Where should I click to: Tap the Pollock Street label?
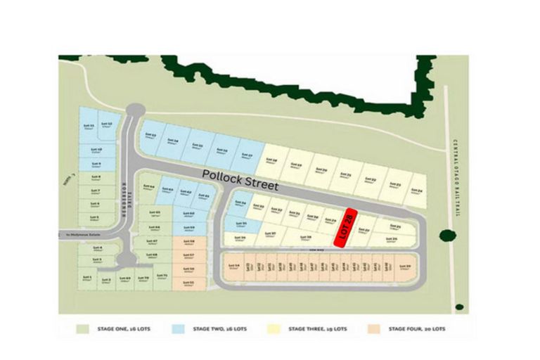240,179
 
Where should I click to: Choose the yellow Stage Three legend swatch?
274,328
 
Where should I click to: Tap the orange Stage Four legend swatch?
373,328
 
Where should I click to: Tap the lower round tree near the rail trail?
459,307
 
